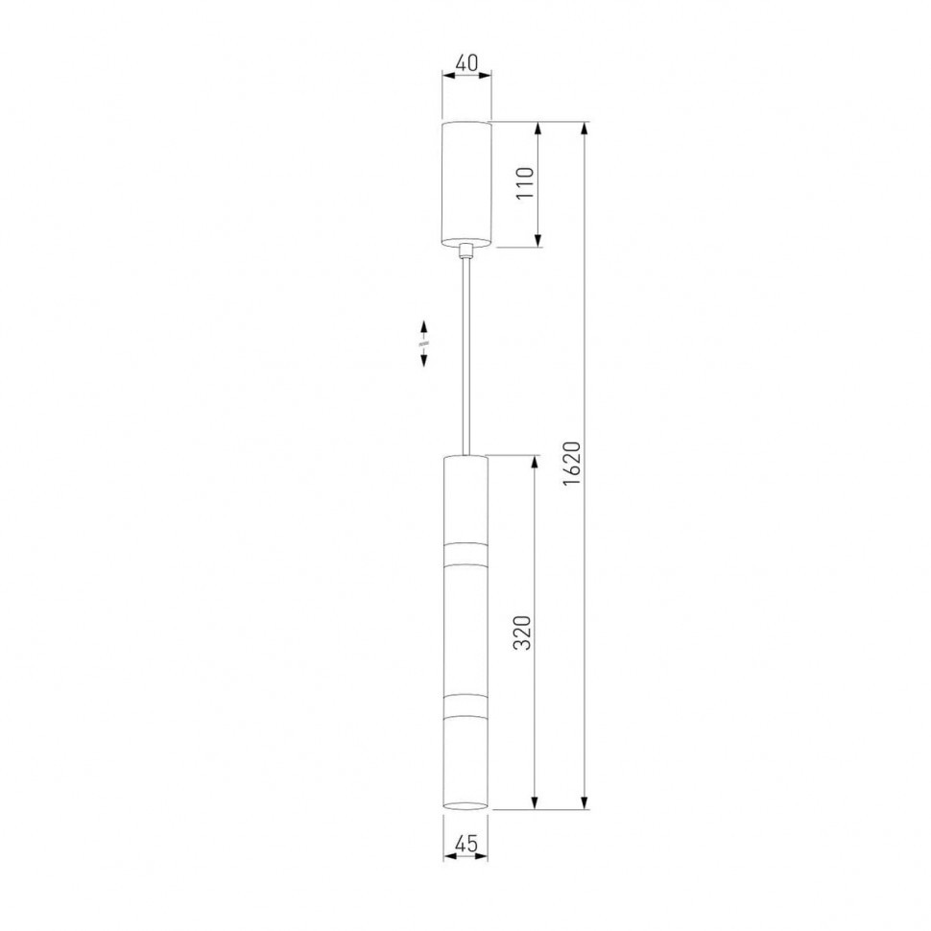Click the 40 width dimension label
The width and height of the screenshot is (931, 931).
click(x=466, y=62)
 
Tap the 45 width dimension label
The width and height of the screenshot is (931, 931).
click(x=465, y=844)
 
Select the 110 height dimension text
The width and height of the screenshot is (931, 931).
click(x=525, y=184)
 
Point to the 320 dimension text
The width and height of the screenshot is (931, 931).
click(x=522, y=633)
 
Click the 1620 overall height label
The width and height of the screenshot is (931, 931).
click(x=570, y=464)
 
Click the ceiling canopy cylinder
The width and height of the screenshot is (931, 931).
click(x=466, y=183)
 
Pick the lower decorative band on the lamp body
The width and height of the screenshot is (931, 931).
click(x=465, y=704)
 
